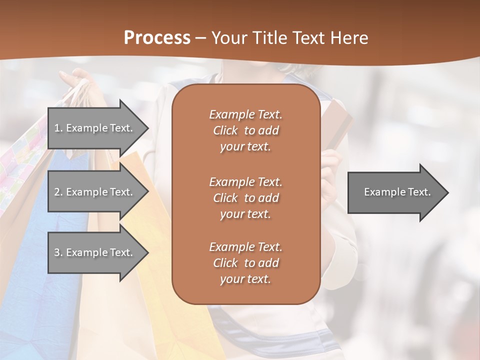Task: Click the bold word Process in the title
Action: (x=157, y=38)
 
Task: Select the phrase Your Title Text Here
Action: (x=290, y=38)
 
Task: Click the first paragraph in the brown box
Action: (x=245, y=130)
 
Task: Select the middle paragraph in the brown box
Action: (x=245, y=198)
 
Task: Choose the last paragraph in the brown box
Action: (x=245, y=263)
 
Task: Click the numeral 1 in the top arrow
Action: (x=57, y=128)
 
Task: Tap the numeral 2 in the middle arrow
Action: (x=57, y=192)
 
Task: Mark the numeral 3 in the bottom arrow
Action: (x=57, y=252)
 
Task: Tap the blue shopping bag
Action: (x=40, y=280)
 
